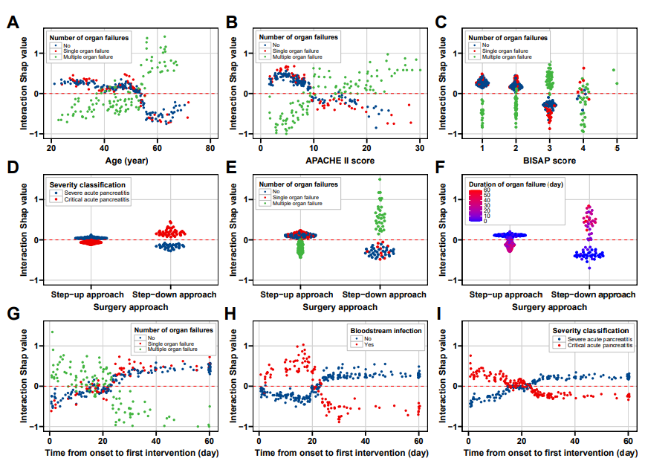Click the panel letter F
click(441, 167)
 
